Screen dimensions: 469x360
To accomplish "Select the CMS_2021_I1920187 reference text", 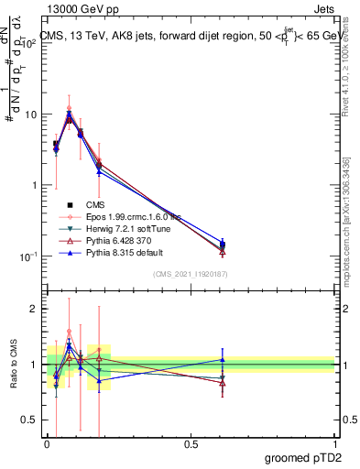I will click(x=191, y=275).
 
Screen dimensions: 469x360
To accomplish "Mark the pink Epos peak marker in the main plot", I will click(x=70, y=108).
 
